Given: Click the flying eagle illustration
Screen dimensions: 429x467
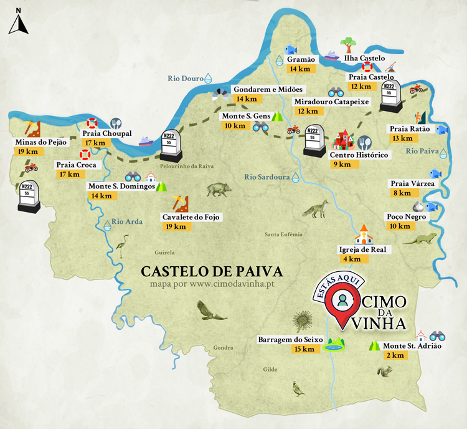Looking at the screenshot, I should pos(211,310).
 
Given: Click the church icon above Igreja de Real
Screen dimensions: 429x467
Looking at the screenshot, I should pos(362,234).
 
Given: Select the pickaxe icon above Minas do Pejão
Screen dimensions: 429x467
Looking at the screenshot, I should pos(31,128).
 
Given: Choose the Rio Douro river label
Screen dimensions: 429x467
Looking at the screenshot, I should pos(186,79).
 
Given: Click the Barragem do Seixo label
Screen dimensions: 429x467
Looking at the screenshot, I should pos(290,339).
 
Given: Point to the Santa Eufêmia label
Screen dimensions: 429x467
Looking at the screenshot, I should pos(283,234).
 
